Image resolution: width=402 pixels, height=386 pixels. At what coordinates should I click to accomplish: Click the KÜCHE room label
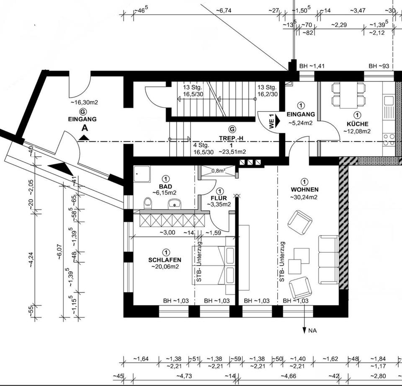tap(357, 124)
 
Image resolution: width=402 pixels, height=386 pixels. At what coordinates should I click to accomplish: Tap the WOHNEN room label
tap(304, 190)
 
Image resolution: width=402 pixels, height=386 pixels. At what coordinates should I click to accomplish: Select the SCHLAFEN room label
tap(165, 260)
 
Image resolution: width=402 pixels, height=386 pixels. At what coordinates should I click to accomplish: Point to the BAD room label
tap(165, 187)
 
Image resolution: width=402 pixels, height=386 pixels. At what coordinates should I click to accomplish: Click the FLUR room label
tap(219, 198)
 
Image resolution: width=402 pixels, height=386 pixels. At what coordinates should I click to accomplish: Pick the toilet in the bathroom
tap(148, 203)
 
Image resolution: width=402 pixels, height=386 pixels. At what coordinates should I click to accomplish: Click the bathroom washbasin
tap(175, 204)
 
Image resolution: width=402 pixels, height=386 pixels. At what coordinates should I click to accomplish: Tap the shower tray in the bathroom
tap(142, 174)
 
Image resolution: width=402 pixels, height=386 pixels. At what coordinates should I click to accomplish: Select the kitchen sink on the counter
tap(389, 100)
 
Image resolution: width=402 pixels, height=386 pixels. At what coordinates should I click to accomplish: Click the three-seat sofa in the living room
tap(329, 259)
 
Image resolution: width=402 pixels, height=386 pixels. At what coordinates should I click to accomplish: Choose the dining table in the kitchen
tap(348, 95)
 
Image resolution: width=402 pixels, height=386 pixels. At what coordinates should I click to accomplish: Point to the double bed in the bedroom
tap(213, 265)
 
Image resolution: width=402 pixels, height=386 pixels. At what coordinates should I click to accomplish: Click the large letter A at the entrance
tap(85, 127)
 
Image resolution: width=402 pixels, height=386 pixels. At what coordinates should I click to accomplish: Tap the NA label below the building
tap(313, 331)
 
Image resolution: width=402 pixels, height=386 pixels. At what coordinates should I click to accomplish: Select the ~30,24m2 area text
tap(304, 197)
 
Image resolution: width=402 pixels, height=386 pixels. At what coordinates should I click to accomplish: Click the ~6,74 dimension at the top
tap(223, 10)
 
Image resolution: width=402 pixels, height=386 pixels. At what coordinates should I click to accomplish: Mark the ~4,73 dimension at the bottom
tap(184, 376)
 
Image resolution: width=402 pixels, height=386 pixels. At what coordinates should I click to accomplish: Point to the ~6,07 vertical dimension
tap(59, 251)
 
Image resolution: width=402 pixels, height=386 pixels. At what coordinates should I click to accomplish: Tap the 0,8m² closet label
tap(218, 171)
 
